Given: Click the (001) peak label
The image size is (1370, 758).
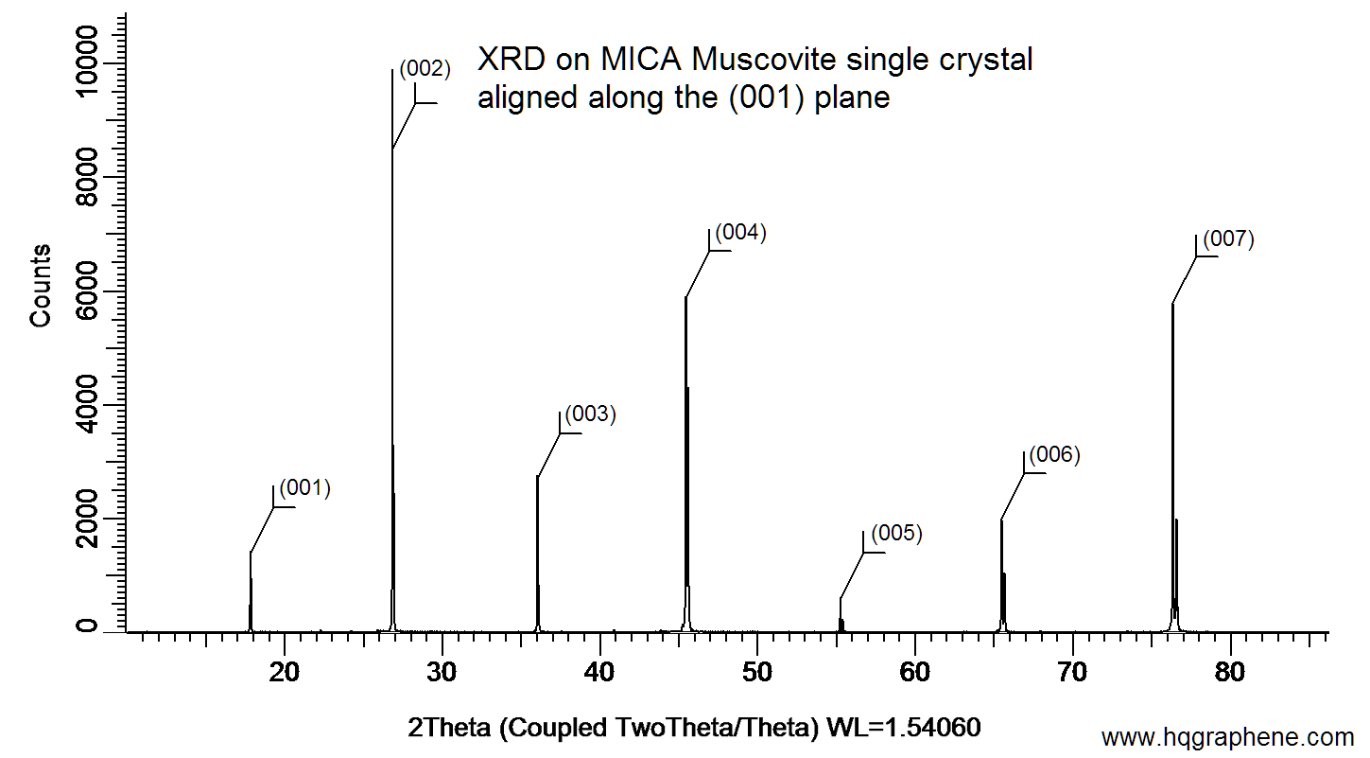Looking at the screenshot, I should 304,488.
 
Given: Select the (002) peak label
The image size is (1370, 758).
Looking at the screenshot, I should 425,68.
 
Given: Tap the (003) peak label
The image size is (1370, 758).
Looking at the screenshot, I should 590,414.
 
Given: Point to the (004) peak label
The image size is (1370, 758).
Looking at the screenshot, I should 739,233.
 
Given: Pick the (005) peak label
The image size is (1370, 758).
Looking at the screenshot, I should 895,533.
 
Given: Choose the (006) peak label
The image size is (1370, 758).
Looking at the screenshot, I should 1053,454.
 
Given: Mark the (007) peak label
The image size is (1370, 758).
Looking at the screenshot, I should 1228,238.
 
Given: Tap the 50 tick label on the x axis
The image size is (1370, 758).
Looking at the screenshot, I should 757,673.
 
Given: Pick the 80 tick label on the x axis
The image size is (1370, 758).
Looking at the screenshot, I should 1230,673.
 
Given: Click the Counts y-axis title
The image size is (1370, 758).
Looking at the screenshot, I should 40,285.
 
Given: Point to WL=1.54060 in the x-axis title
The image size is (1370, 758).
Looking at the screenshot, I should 904,728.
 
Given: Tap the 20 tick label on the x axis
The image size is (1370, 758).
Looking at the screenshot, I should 285,673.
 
